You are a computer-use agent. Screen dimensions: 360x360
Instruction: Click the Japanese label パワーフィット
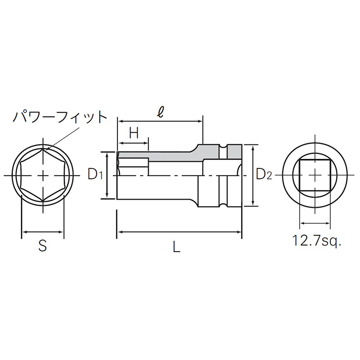click(x=59, y=117)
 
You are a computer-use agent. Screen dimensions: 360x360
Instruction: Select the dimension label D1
click(x=95, y=175)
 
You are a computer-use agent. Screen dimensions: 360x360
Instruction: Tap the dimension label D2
click(x=264, y=175)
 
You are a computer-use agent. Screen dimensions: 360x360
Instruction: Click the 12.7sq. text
click(x=317, y=241)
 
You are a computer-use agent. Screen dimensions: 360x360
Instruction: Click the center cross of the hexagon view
click(x=43, y=175)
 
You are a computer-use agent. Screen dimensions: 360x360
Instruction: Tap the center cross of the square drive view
click(x=315, y=175)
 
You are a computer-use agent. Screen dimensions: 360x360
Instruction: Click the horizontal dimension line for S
click(x=43, y=232)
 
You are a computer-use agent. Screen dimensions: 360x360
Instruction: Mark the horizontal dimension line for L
click(x=180, y=232)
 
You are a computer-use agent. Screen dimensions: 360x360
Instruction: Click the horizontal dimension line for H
click(x=133, y=143)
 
